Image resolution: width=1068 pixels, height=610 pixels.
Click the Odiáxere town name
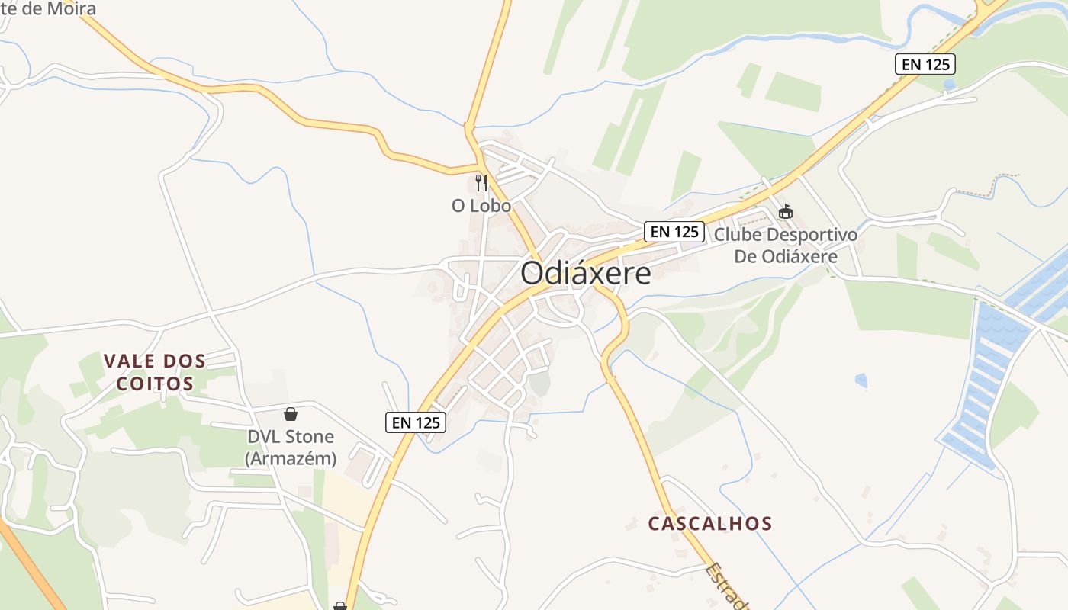(586, 274)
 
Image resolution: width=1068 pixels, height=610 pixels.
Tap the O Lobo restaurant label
(481, 206)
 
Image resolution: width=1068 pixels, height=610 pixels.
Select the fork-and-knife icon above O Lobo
(481, 183)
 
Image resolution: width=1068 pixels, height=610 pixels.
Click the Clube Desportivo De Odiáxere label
(786, 245)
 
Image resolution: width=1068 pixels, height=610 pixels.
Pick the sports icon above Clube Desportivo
(786, 211)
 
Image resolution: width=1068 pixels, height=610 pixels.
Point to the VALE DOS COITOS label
(155, 371)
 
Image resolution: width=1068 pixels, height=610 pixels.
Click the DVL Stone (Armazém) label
(291, 448)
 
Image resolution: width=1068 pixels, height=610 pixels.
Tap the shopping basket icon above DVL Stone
(291, 414)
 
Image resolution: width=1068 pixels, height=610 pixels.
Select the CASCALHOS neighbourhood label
(710, 524)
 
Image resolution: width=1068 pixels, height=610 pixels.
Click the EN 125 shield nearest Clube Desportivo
(674, 232)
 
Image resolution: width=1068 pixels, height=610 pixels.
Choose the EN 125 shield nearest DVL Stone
(416, 422)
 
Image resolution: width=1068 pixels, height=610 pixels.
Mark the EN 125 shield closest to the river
(925, 64)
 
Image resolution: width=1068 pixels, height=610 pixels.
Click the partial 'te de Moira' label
(49, 9)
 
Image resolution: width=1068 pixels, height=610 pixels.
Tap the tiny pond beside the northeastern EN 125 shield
(949, 85)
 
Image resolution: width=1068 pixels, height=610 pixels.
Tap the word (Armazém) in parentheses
(291, 459)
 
